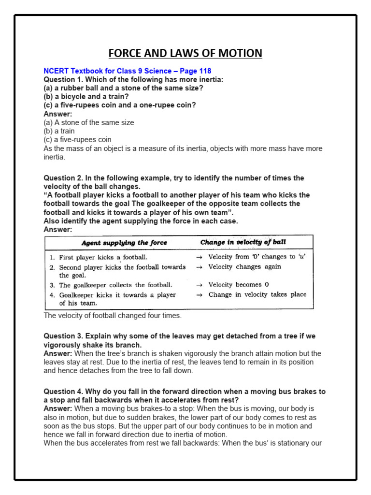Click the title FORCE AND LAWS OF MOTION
pos(185,53)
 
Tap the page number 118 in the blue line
pos(204,71)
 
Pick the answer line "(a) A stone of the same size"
pos(89,123)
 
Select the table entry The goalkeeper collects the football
pos(115,285)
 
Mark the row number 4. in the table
pos(52,294)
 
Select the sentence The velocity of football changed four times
pos(113,316)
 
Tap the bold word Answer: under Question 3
pos(58,354)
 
